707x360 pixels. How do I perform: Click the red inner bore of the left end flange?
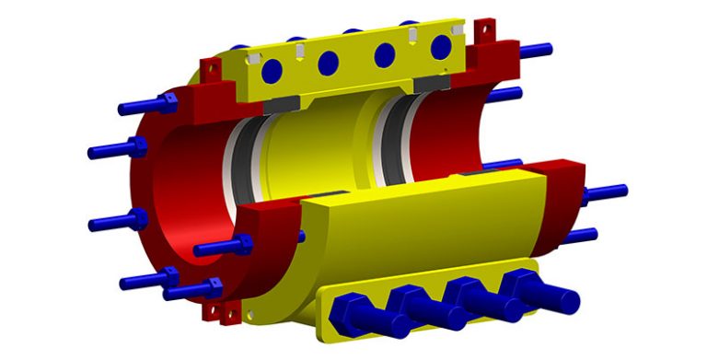click(184, 184)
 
